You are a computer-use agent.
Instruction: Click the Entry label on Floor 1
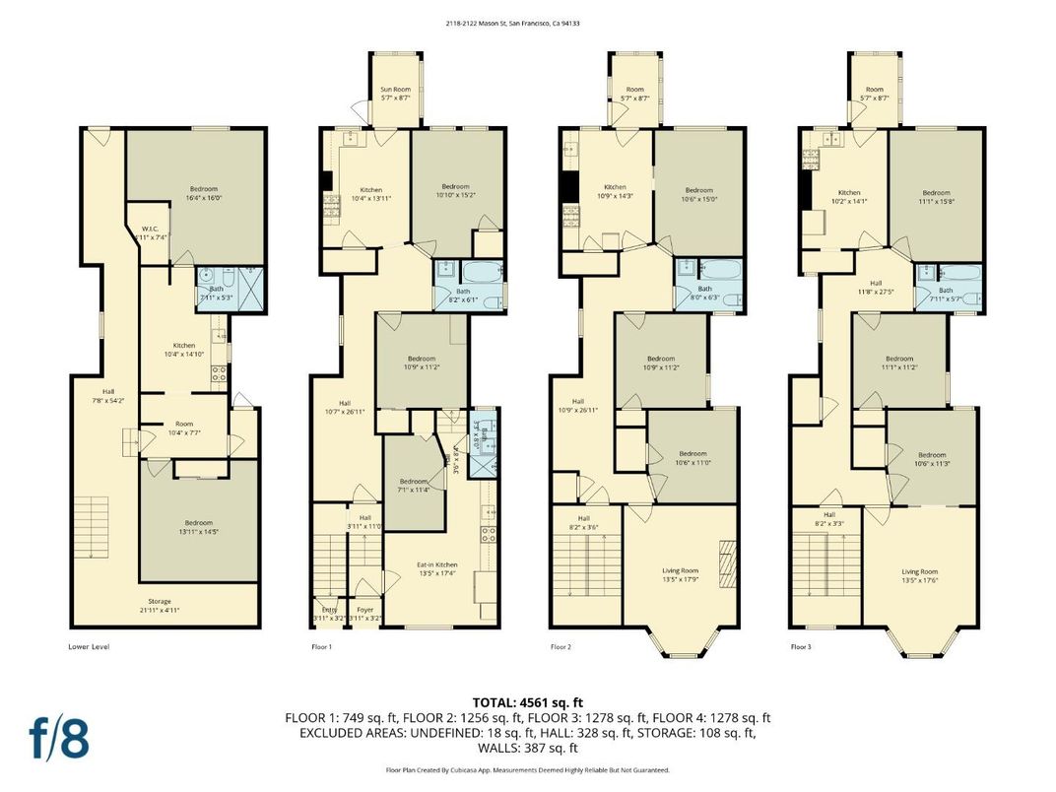(328, 614)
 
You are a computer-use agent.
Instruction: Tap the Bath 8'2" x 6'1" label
(463, 296)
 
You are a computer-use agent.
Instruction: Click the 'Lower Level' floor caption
(89, 647)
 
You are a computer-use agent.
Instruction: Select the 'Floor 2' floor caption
(561, 647)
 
